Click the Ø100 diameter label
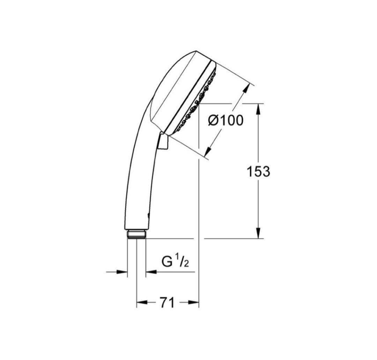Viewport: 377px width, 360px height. (x=225, y=121)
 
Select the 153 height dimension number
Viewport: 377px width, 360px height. (x=258, y=172)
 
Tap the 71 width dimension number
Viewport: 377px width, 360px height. (x=167, y=303)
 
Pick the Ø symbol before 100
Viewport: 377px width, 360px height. (x=213, y=121)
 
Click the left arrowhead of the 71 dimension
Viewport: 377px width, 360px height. (x=141, y=303)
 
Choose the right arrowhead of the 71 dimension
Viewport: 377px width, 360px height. (x=194, y=303)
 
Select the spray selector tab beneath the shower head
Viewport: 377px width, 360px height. (x=163, y=143)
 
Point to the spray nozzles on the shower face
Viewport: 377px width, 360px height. (x=195, y=105)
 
